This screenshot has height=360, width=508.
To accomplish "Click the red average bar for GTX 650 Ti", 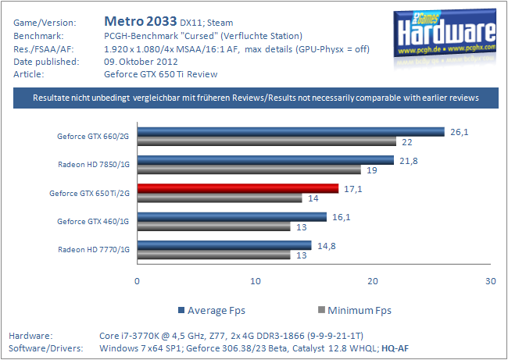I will pyautogui.click(x=238, y=188).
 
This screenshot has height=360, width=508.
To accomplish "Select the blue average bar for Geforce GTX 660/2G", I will pyautogui.click(x=291, y=131).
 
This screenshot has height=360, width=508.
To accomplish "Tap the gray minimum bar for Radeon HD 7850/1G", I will pyautogui.click(x=249, y=169).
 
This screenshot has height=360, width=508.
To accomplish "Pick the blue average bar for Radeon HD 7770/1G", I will pyautogui.click(x=224, y=245).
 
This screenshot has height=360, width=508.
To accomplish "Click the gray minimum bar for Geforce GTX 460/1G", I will pyautogui.click(x=214, y=226).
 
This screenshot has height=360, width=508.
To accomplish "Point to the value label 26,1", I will pyautogui.click(x=460, y=131).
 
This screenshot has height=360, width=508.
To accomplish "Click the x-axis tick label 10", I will pyautogui.click(x=256, y=281).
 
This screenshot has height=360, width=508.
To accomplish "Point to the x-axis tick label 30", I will pyautogui.click(x=490, y=281).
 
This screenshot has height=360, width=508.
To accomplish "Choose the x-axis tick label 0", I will pyautogui.click(x=138, y=281).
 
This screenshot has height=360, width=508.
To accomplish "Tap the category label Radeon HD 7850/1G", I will pyautogui.click(x=94, y=165).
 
